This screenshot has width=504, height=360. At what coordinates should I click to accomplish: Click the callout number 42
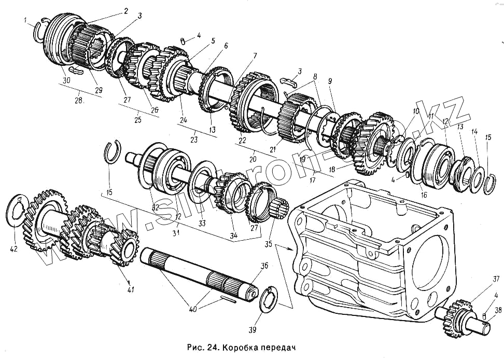[13, 249]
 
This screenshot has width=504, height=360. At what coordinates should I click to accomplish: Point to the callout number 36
[264, 266]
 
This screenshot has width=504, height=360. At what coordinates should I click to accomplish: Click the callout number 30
[66, 80]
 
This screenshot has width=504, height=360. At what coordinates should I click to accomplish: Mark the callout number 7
[254, 56]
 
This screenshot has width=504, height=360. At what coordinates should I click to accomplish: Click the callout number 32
[155, 206]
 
